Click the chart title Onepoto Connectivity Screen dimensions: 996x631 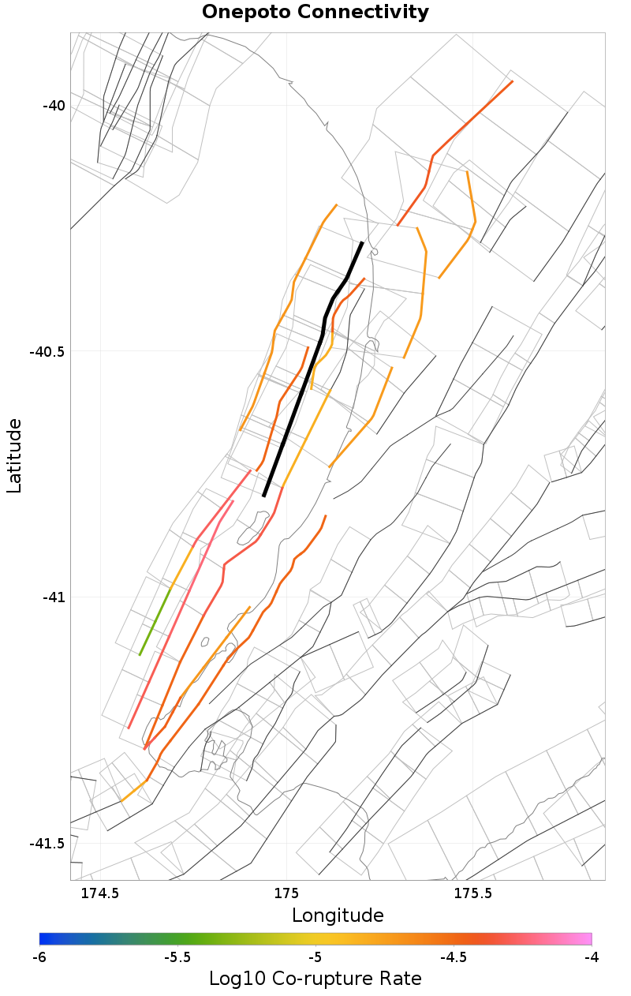coord(315,13)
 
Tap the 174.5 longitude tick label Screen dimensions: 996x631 coord(100,893)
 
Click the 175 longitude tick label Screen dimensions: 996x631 coord(286,893)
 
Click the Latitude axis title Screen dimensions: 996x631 coord(15,456)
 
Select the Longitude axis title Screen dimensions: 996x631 coord(338,915)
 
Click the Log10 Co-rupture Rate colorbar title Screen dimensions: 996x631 coord(315,979)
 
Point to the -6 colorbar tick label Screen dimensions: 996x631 coord(39,957)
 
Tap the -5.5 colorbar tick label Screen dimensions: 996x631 coord(177,957)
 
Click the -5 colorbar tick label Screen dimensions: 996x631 coord(315,957)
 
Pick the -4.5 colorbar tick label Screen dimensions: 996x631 coord(454,957)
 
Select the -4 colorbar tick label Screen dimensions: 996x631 coord(591,957)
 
